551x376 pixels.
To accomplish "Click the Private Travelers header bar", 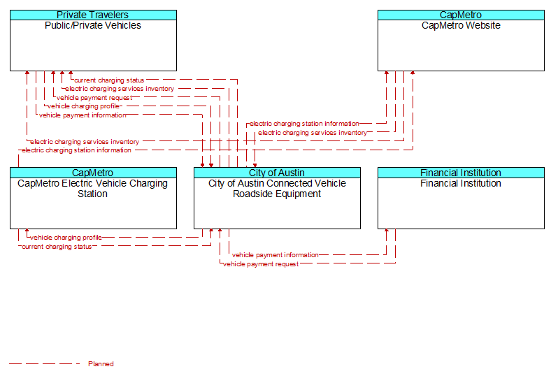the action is [x=93, y=15].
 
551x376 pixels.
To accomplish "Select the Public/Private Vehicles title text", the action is [x=93, y=25].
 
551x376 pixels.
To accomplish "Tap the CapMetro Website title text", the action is [x=461, y=25].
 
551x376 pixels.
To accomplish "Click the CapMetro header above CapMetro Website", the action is [x=461, y=15].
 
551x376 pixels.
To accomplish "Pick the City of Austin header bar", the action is [x=277, y=173].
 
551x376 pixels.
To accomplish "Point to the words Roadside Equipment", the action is [x=277, y=194].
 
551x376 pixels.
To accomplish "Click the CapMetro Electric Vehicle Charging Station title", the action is [x=93, y=189].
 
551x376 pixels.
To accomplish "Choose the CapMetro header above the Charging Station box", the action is [x=93, y=173].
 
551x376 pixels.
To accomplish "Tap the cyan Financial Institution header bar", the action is [x=461, y=173].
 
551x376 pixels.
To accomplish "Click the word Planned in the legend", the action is [x=101, y=363].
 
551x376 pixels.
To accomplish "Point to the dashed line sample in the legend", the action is [x=44, y=363].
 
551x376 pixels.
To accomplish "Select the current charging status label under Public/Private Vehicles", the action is [x=109, y=80].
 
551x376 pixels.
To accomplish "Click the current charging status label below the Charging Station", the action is [x=57, y=247].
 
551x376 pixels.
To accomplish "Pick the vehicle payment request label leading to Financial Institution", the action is [x=261, y=264].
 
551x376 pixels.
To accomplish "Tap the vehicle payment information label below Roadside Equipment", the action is [x=275, y=255].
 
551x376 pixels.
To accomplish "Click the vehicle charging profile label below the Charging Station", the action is [x=66, y=238].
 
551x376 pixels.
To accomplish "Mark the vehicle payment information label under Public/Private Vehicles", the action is [x=83, y=115].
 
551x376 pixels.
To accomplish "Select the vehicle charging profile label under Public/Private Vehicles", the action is [x=84, y=106].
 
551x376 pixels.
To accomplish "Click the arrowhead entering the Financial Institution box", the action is [x=387, y=231].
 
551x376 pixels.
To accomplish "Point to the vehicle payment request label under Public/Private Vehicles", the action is [x=94, y=98].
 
